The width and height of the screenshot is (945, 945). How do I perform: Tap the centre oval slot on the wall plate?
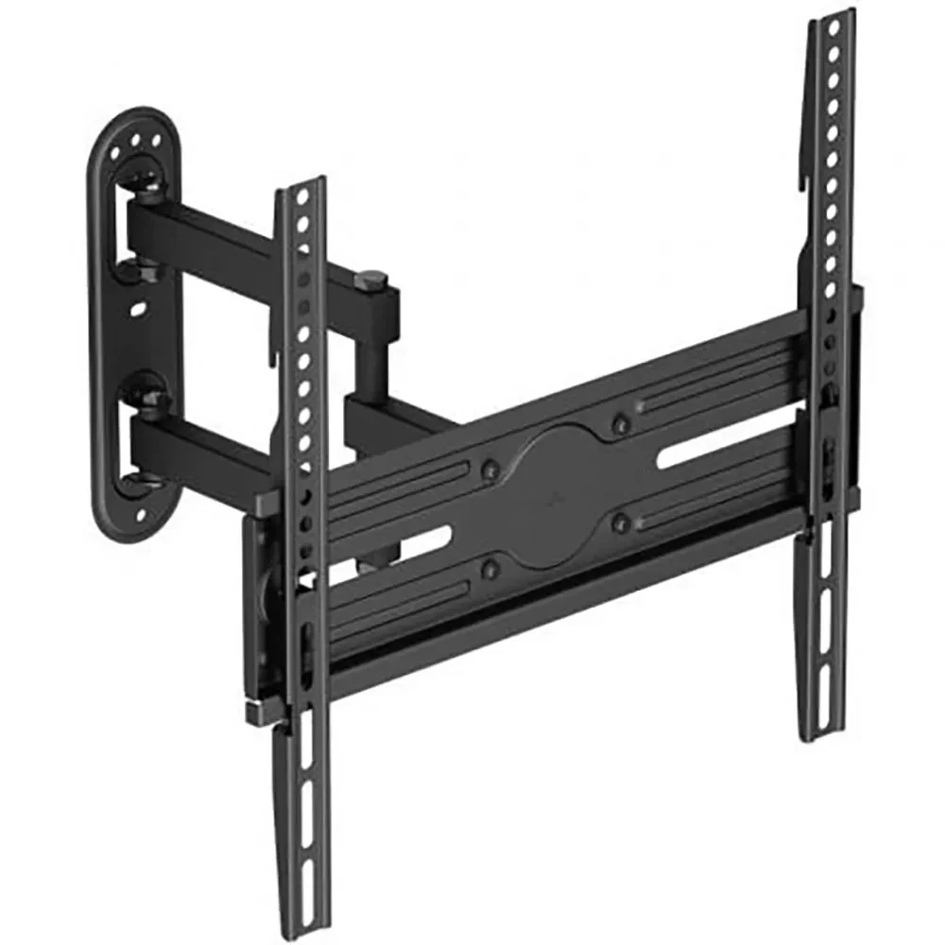140,309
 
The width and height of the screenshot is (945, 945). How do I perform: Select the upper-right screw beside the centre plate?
619,424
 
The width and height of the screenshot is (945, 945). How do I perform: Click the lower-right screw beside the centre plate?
621,520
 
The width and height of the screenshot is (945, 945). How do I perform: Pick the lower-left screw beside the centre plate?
490,569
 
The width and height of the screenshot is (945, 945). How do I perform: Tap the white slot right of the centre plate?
693,456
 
